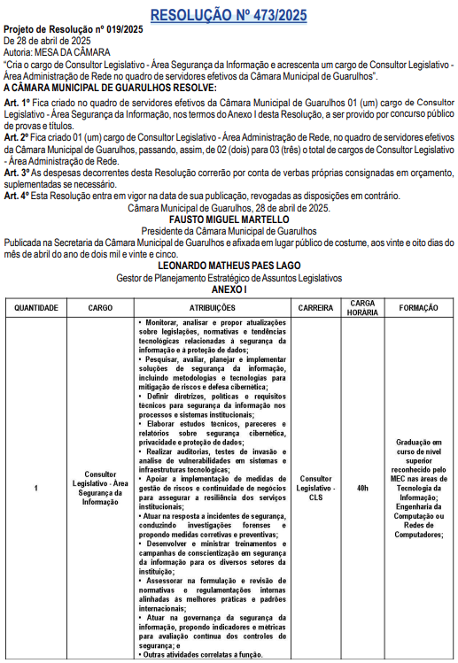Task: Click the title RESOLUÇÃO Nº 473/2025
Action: pyautogui.click(x=229, y=15)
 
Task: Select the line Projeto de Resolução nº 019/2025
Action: pyautogui.click(x=73, y=30)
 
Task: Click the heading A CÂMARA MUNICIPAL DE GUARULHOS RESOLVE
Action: pyautogui.click(x=110, y=88)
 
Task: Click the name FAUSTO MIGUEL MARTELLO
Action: pyautogui.click(x=229, y=219)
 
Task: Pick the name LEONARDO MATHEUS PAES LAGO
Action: pyautogui.click(x=229, y=265)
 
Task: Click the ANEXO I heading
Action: pyautogui.click(x=229, y=289)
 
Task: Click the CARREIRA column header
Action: pyautogui.click(x=315, y=307)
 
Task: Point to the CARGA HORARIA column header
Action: pyautogui.click(x=361, y=307)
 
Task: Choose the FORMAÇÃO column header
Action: pyautogui.click(x=419, y=307)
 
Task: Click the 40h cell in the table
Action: pyautogui.click(x=361, y=488)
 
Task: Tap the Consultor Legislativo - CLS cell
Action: pyautogui.click(x=315, y=488)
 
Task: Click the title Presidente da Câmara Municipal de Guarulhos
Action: pyautogui.click(x=229, y=230)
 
